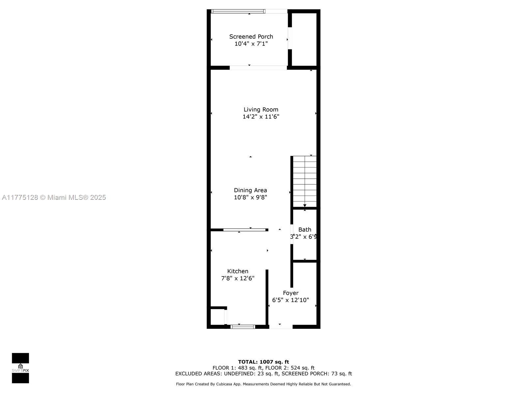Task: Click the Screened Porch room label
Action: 251,37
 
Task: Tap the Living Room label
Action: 261,109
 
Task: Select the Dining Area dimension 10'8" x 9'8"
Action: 250,197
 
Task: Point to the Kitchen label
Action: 238,271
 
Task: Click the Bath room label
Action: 305,229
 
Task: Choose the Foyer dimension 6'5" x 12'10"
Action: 290,300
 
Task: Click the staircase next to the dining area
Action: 304,181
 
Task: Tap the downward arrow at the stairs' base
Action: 305,205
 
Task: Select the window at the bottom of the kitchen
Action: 243,327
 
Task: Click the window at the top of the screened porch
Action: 238,11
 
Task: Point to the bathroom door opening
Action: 292,234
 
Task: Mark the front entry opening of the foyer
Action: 281,327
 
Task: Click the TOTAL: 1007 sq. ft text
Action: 263,362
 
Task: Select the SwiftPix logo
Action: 20,368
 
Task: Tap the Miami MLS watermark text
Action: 54,197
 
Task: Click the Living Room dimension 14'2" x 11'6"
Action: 261,117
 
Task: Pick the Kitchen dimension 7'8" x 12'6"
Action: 238,278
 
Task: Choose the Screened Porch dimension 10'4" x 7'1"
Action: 251,44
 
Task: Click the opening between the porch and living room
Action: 258,67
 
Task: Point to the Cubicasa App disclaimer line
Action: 263,384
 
